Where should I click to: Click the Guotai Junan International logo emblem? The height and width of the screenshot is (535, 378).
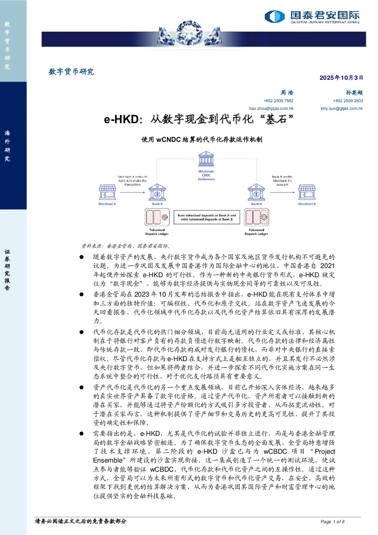274,16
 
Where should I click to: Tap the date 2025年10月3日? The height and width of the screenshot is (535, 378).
341,78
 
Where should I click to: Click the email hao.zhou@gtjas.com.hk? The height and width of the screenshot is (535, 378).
271,108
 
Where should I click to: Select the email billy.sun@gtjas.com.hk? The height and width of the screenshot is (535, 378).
341,108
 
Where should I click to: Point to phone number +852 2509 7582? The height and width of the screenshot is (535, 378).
279,101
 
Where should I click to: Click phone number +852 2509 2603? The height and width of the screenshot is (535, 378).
348,101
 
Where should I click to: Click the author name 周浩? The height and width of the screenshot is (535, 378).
287,92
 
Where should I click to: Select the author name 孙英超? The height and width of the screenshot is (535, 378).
354,92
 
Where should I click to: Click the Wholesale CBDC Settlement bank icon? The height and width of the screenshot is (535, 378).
206,159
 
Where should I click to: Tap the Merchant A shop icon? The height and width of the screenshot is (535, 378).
107,192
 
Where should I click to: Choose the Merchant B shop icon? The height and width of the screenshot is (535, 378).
307,192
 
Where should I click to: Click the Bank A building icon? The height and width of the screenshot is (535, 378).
157,192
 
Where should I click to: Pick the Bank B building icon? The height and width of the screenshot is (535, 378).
256,192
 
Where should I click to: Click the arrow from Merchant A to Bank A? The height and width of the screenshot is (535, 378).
133,192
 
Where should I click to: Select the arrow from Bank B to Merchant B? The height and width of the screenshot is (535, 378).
282,192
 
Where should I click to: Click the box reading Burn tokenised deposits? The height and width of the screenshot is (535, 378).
207,217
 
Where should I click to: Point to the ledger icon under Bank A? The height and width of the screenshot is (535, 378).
157,217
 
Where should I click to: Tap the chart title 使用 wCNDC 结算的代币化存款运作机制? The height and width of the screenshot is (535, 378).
202,140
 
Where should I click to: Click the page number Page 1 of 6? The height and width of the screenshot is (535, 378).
332,522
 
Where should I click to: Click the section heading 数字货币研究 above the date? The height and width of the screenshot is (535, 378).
71,71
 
